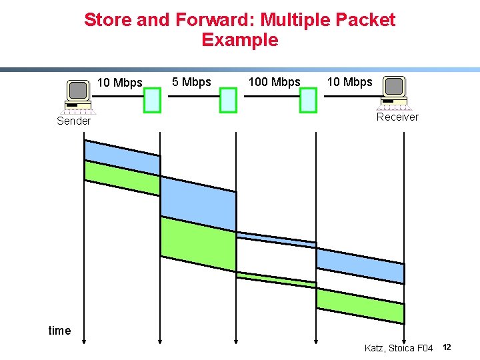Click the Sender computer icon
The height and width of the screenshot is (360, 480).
78,95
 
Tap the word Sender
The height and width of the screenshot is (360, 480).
73,121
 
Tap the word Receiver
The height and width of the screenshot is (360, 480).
397,117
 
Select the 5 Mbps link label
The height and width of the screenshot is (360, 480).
191,82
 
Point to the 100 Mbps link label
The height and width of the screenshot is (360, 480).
274,82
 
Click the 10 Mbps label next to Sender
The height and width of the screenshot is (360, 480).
120,83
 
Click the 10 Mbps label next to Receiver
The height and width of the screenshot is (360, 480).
349,82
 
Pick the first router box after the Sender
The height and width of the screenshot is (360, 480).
153,100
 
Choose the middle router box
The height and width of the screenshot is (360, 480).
229,100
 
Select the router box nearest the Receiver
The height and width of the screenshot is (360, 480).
308,100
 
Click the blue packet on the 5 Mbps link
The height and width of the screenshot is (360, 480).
198,203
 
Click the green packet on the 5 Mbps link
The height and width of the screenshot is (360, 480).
198,243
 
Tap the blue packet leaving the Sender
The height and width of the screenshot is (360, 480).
122,156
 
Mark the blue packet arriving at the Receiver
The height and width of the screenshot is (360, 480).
360,265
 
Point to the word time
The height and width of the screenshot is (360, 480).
59,331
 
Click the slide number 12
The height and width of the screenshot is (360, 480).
447,347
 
